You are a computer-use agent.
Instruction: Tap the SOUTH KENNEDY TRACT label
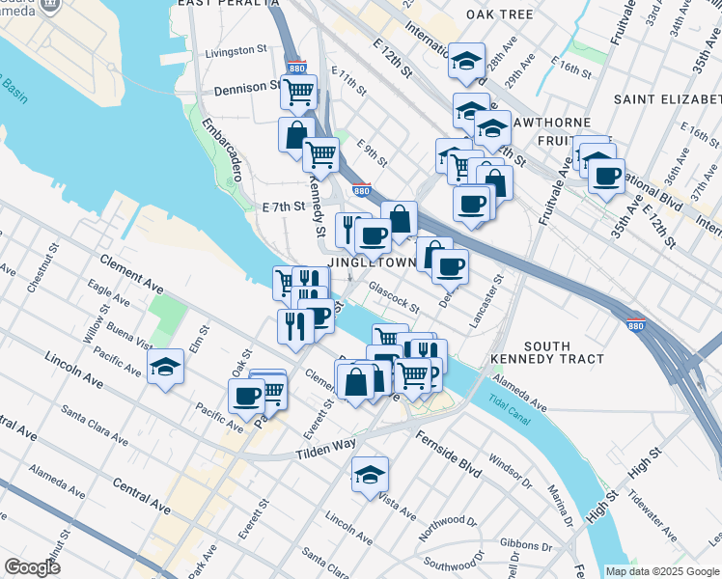[x=564, y=352]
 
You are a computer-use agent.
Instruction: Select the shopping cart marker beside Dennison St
[x=299, y=92]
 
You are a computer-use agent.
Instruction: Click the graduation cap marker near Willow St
[x=166, y=367]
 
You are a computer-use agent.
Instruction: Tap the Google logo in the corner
[x=32, y=567]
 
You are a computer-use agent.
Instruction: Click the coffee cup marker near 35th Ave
[x=606, y=177]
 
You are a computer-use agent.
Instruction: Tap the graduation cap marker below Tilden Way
[x=370, y=475]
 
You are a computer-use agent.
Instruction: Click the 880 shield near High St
[x=635, y=325]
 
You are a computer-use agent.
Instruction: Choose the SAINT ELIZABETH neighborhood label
[x=667, y=100]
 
